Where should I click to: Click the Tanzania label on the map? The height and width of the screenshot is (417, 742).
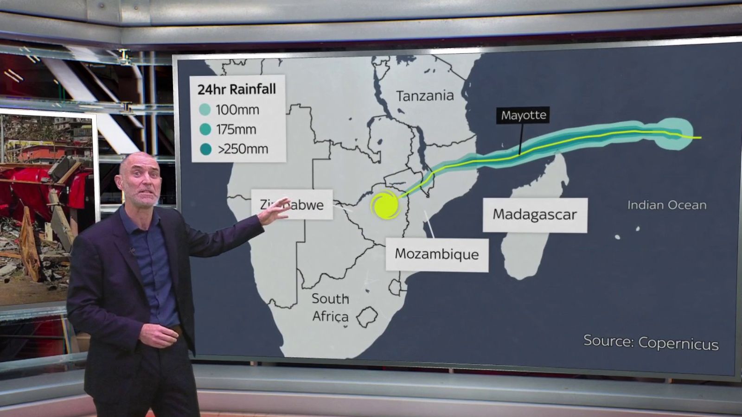pyautogui.click(x=425, y=96)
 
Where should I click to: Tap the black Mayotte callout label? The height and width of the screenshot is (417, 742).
pyautogui.click(x=524, y=115)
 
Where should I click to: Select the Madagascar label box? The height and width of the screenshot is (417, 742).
pyautogui.click(x=535, y=215)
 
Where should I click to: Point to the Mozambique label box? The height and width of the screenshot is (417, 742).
pyautogui.click(x=436, y=254)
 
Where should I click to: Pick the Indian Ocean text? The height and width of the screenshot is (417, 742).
pyautogui.click(x=666, y=205)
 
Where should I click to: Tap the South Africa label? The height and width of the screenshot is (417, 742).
pyautogui.click(x=330, y=307)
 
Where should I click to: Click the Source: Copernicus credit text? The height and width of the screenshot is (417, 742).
pyautogui.click(x=651, y=342)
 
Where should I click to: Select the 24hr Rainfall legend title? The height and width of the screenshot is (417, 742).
pyautogui.click(x=237, y=89)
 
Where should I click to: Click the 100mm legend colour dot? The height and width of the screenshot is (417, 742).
pyautogui.click(x=205, y=110)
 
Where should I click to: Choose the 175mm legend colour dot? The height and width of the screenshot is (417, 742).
pyautogui.click(x=205, y=129)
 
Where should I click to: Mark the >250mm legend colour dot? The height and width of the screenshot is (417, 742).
pyautogui.click(x=205, y=149)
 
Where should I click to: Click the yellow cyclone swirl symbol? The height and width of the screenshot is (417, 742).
pyautogui.click(x=385, y=206)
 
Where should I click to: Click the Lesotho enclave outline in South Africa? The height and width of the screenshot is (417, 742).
pyautogui.click(x=367, y=317)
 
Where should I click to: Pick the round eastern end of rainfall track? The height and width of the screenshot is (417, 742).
pyautogui.click(x=675, y=134)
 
